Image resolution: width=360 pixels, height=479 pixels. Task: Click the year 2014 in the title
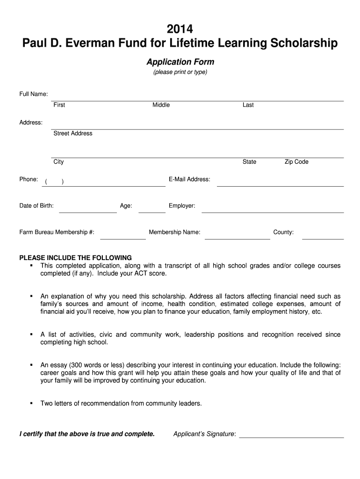point(180,29)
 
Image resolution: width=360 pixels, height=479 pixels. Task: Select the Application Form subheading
point(180,62)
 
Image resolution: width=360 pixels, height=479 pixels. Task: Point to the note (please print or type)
point(180,73)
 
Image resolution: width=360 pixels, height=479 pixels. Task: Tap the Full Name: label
point(33,94)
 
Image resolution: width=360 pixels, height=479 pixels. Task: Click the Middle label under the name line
point(161,105)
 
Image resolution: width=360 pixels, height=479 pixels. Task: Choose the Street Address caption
point(72,133)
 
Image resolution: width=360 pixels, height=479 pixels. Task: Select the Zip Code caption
point(296,162)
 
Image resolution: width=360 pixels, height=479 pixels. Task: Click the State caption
point(249,162)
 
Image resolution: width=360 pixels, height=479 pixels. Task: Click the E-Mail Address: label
point(189,179)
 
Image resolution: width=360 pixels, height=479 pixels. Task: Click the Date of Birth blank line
point(88,212)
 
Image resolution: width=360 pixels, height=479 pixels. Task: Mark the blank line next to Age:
point(152,212)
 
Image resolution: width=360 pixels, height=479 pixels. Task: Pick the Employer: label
point(182,206)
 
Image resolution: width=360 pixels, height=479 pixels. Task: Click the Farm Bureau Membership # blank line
point(123,238)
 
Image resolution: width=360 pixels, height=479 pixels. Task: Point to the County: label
point(283,232)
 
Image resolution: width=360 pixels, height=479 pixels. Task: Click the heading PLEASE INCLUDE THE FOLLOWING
point(75,258)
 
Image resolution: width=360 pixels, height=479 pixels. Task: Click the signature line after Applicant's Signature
point(291,437)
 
